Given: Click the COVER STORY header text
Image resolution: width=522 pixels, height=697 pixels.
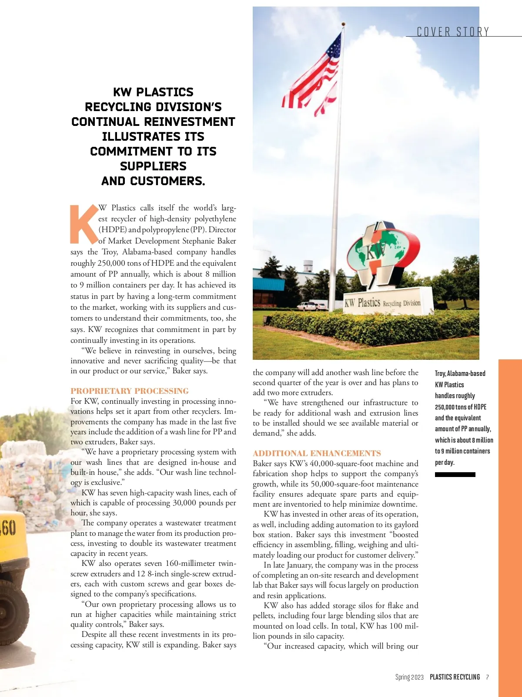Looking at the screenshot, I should tap(453, 32).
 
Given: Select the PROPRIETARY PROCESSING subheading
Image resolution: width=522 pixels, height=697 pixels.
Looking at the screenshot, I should tap(130, 391).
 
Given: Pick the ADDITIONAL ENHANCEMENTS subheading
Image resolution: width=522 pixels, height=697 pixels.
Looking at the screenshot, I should tap(317, 453).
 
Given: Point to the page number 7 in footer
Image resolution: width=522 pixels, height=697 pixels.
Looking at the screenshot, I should tap(488, 677).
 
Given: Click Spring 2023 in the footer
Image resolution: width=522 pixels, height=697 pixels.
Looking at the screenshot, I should tap(409, 677).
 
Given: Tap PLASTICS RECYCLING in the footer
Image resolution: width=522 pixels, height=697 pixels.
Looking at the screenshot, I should tap(455, 677).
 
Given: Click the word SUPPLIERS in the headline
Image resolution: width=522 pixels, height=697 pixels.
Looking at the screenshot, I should tap(153, 166).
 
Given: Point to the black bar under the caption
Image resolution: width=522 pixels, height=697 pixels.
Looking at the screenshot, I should tap(455, 474).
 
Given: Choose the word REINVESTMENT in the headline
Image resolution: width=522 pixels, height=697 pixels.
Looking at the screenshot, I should tap(190, 122).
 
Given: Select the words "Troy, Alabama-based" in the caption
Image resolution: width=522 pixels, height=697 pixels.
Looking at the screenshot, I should tap(460, 373).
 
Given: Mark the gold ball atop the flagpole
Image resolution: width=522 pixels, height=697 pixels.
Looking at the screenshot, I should tap(343, 24).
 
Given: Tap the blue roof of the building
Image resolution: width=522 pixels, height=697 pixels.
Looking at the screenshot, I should tap(268, 283).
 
